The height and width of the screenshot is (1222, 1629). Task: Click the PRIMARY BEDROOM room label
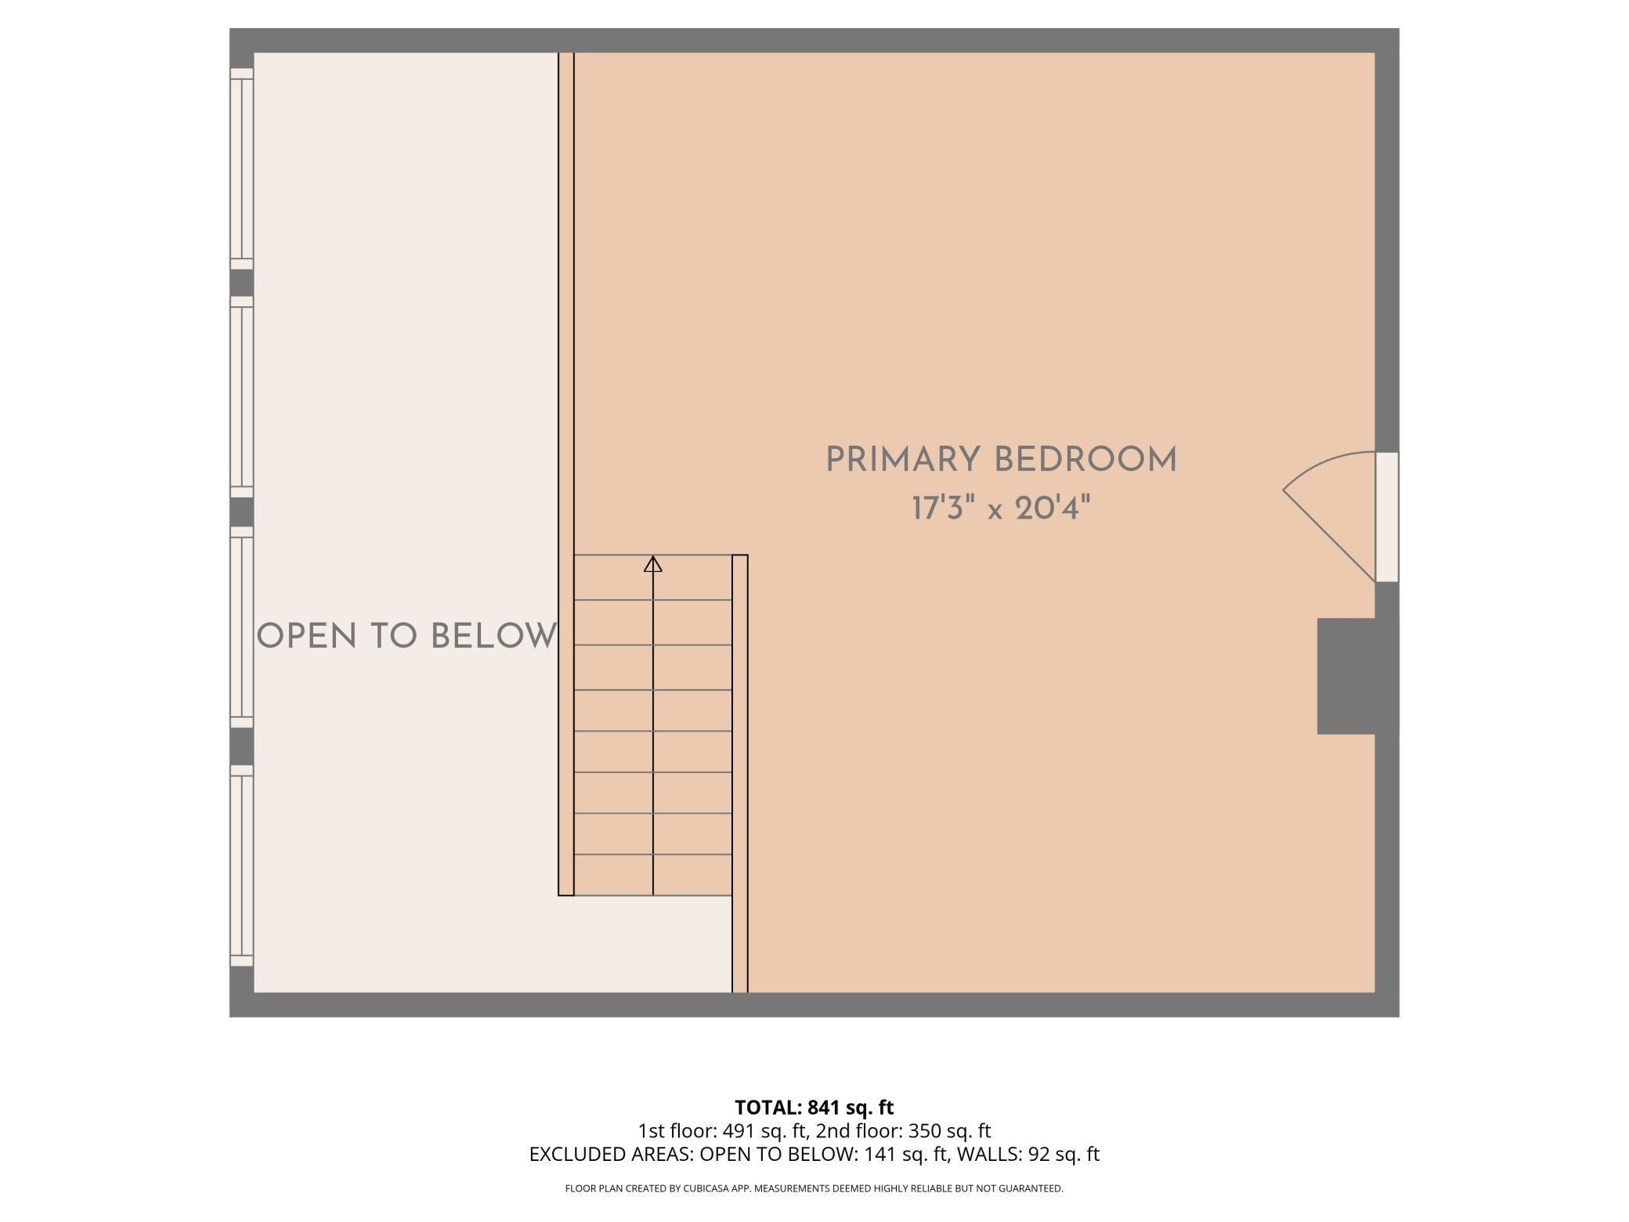[x=1002, y=460]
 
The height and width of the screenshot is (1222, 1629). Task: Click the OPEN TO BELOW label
[x=407, y=636]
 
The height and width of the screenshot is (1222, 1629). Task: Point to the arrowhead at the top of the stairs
[x=653, y=563]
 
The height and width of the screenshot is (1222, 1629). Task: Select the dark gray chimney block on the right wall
[x=1346, y=676]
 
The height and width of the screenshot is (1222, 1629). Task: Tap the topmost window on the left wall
[x=242, y=168]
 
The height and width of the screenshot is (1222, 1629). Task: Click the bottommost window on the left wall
[x=242, y=866]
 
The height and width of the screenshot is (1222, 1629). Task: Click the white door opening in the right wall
[x=1387, y=517]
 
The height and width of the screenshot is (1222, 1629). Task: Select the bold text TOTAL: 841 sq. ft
[x=814, y=1108]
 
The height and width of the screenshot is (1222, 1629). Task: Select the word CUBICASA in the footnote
[x=705, y=1188]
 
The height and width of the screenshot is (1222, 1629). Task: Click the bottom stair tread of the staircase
[x=653, y=875]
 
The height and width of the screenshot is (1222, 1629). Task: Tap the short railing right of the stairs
[x=740, y=774]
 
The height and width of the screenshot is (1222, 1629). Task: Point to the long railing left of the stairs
[x=566, y=474]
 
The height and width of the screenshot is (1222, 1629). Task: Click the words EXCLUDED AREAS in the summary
[x=612, y=1154]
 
